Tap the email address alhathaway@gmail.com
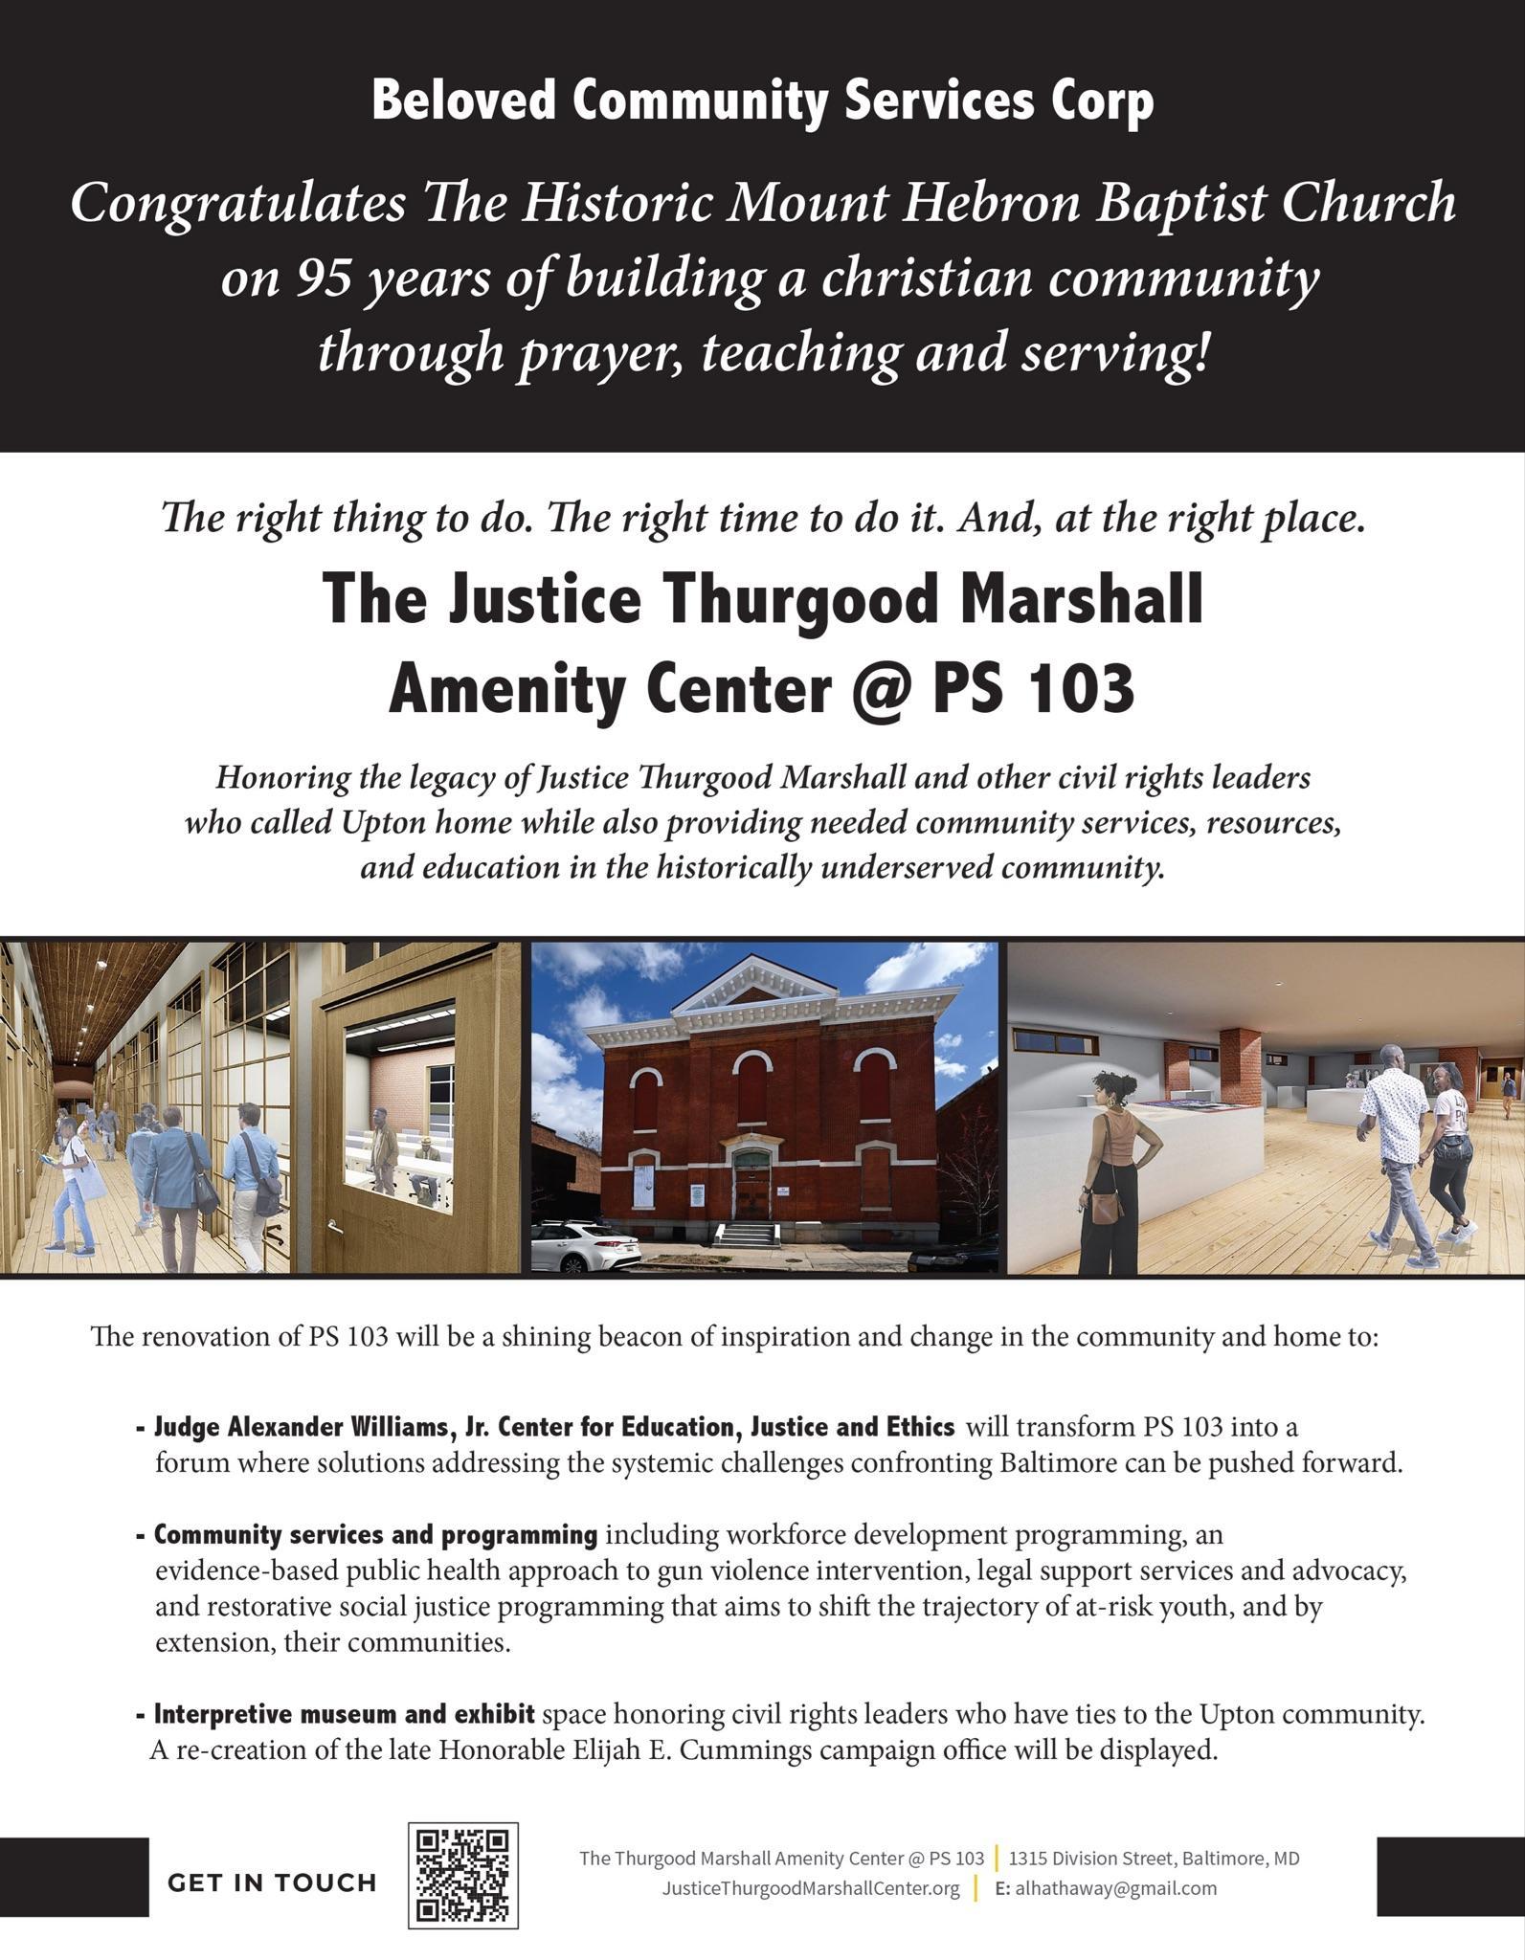click(1115, 1888)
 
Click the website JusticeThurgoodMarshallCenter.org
click(811, 1888)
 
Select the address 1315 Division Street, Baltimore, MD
click(1154, 1859)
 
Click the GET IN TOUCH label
click(272, 1883)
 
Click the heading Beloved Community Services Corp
click(762, 100)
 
